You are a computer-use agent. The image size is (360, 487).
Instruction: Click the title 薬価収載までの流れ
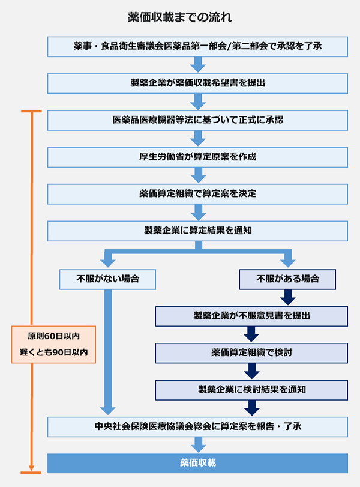(179, 16)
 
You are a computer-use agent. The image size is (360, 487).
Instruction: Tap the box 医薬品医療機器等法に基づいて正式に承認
(197, 119)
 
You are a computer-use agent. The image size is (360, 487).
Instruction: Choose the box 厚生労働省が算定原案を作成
(197, 157)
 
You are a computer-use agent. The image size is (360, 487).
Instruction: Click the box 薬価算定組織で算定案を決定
(197, 194)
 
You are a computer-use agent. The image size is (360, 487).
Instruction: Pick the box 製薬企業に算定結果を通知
(197, 231)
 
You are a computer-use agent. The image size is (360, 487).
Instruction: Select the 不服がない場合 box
(108, 279)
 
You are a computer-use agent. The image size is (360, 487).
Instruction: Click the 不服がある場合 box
(287, 279)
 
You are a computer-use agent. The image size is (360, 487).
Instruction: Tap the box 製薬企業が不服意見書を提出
(251, 315)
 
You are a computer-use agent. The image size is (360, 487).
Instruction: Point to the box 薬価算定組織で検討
(251, 352)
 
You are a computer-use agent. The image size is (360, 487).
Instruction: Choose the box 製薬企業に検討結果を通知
(251, 389)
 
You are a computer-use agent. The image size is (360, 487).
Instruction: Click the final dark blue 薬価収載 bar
(197, 463)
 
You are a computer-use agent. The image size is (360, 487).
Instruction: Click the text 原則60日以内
(53, 335)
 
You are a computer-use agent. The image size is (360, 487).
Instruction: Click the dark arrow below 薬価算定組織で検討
(251, 371)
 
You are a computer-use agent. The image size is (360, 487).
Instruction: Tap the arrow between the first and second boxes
(197, 64)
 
